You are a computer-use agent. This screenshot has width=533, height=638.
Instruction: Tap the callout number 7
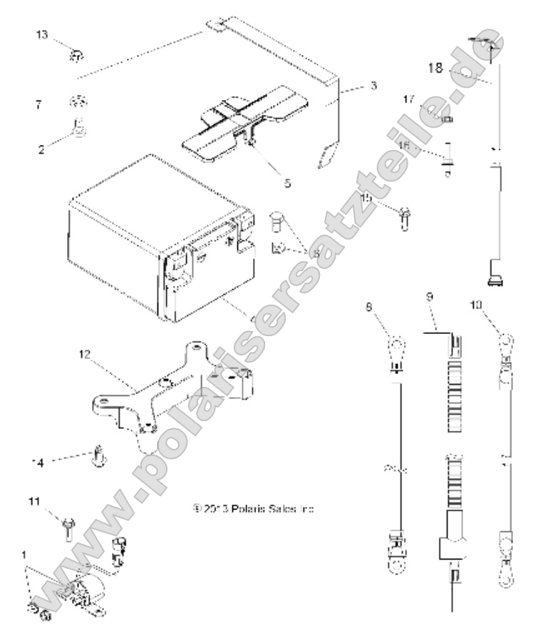pyautogui.click(x=38, y=104)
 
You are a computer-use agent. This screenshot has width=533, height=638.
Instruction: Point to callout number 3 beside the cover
pyautogui.click(x=373, y=86)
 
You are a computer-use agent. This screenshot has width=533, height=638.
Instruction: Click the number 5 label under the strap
pyautogui.click(x=287, y=183)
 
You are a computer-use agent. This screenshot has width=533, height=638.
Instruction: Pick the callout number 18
pyautogui.click(x=435, y=69)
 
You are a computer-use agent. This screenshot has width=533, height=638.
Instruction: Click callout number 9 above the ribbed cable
pyautogui.click(x=430, y=295)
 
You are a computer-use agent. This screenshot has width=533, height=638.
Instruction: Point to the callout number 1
pyautogui.click(x=26, y=553)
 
